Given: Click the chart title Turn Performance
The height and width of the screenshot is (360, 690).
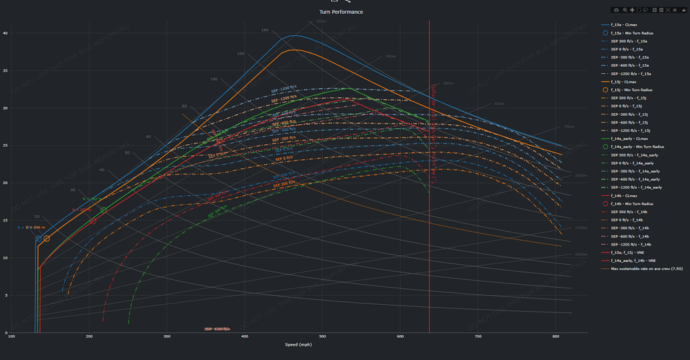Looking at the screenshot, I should click(x=341, y=12).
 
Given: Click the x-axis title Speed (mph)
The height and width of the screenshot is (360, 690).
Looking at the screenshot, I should click(x=299, y=343).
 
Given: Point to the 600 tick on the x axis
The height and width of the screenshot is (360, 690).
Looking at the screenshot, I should click(x=400, y=336).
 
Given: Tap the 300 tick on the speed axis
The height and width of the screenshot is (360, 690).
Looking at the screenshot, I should click(x=167, y=336).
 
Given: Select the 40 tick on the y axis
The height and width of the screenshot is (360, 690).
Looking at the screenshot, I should click(x=5, y=33).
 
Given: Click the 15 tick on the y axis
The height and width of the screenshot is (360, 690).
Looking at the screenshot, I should click(x=5, y=221).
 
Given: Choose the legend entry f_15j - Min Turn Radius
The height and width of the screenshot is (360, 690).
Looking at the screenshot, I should click(x=632, y=90).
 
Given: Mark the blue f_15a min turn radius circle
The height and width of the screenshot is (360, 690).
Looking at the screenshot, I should click(x=39, y=239).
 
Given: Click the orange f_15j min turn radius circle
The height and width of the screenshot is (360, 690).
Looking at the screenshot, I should click(x=47, y=239).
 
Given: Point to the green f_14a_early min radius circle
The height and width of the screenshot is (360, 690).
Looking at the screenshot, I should click(x=104, y=210).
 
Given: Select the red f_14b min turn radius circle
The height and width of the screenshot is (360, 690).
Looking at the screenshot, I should click(x=93, y=221).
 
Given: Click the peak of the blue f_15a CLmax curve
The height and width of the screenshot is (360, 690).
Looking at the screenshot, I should click(x=295, y=36).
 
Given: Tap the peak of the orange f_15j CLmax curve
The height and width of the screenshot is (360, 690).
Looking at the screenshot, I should click(x=295, y=50).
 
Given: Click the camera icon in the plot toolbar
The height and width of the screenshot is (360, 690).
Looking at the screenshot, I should click(x=616, y=10).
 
